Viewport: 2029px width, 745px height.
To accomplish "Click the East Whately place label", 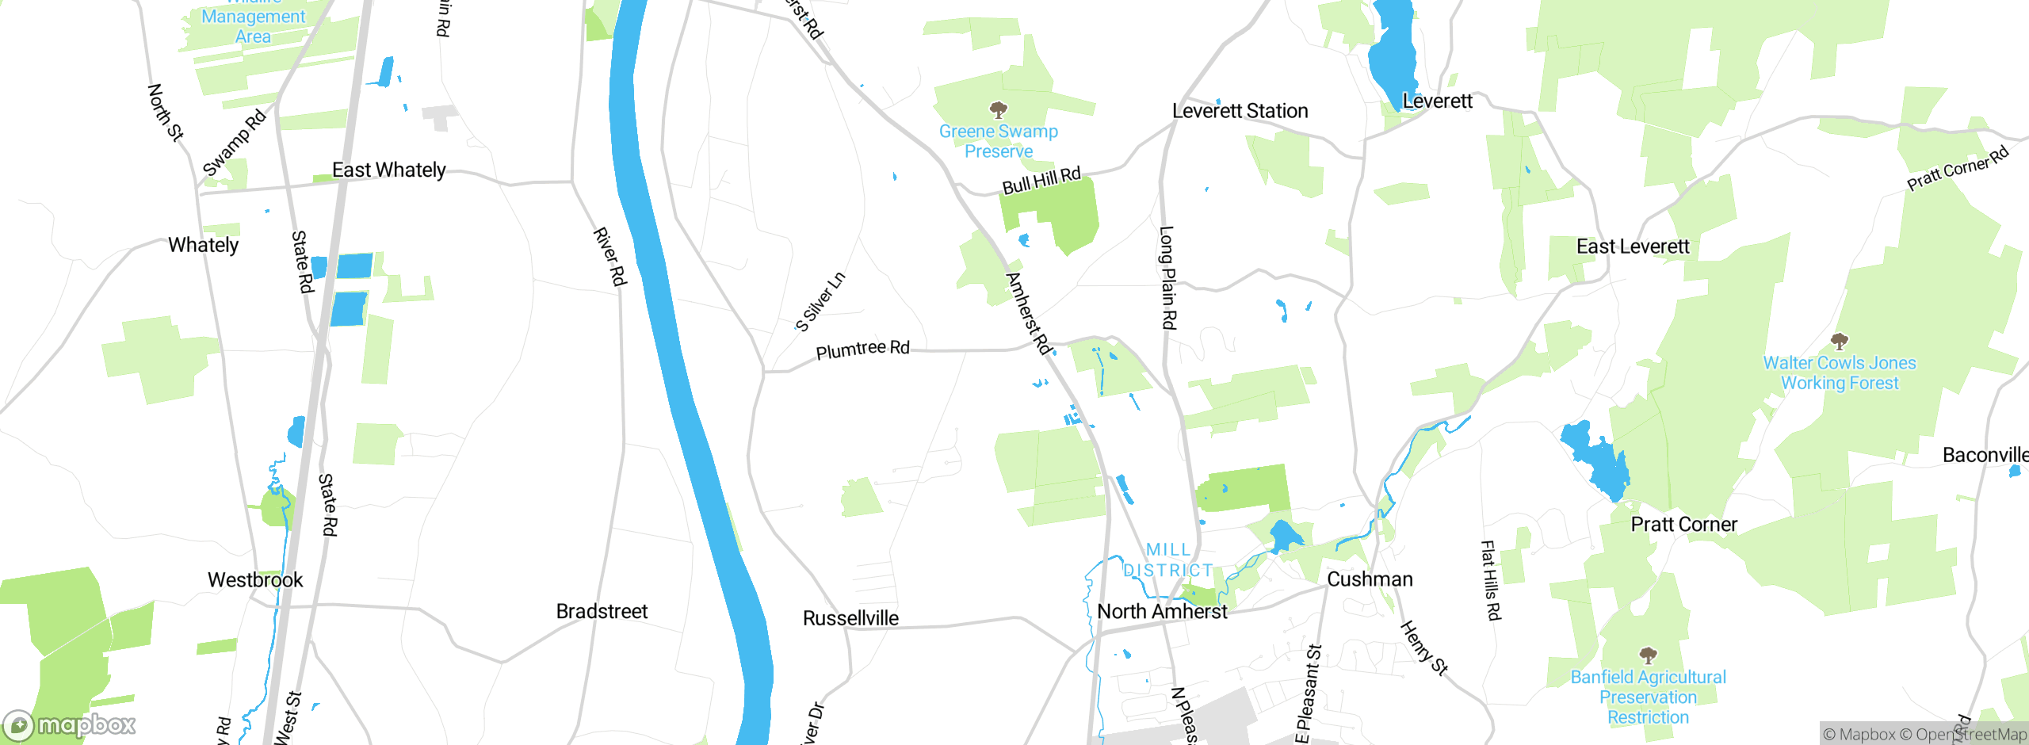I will coord(388,170).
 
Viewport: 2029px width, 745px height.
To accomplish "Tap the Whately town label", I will coord(203,245).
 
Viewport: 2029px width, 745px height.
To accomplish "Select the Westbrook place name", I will coord(255,580).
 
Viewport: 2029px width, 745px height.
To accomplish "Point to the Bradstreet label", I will coord(602,611).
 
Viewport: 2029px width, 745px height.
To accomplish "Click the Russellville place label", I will coord(850,618).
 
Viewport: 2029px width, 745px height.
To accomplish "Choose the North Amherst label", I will coord(1162,611).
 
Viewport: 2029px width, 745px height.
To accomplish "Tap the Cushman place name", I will coord(1370,579).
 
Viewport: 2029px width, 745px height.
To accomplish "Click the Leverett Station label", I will coord(1240,111).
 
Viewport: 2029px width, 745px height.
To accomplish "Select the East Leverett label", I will coord(1633,246).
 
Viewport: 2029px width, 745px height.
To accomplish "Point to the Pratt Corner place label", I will coord(1683,525).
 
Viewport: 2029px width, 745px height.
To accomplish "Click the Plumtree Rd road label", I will coord(862,350).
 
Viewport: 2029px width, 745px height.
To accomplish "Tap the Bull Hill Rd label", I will coord(1041,181).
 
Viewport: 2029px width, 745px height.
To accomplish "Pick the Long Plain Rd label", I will coord(1167,277).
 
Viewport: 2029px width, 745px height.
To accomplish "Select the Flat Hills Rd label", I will coord(1491,580).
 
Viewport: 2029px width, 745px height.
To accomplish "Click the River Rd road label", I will coord(610,257).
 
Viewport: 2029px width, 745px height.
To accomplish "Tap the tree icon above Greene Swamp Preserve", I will coord(999,109).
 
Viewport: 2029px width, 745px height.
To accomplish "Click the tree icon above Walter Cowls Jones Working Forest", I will coord(1839,341).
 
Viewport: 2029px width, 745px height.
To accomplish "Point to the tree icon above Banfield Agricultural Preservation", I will coord(1648,655).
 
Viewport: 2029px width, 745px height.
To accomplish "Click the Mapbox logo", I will coord(70,724).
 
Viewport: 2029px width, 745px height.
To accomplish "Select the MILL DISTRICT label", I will coord(1168,560).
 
